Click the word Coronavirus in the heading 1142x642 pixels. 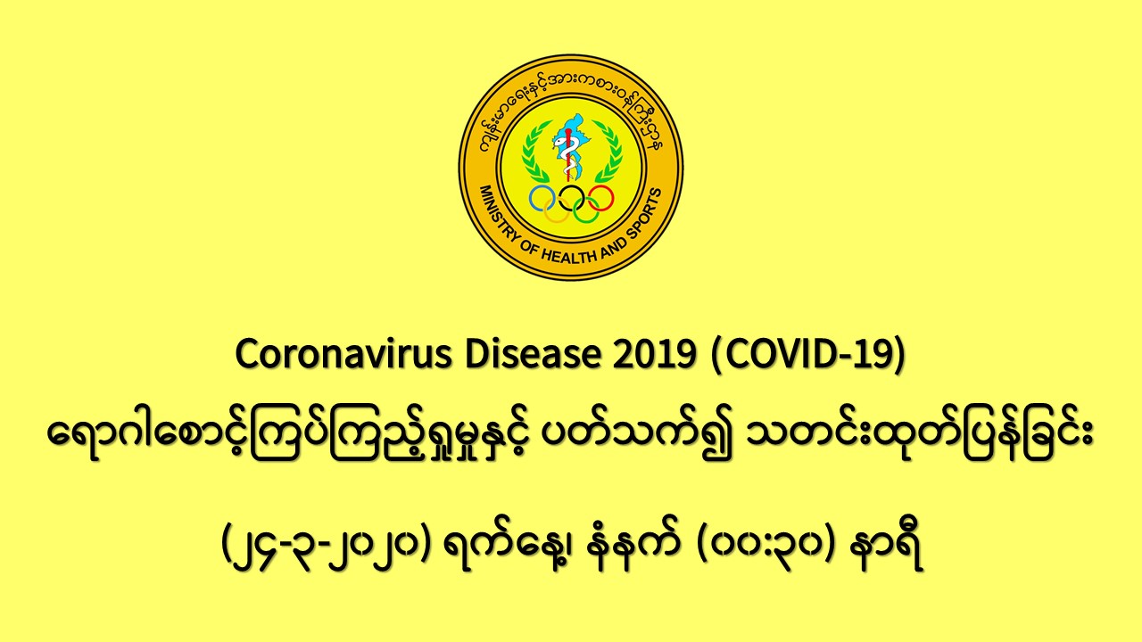point(343,354)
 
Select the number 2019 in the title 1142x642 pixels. point(655,354)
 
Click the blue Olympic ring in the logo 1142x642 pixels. point(531,198)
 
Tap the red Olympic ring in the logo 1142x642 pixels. point(612,198)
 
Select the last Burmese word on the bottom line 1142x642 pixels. point(887,548)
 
